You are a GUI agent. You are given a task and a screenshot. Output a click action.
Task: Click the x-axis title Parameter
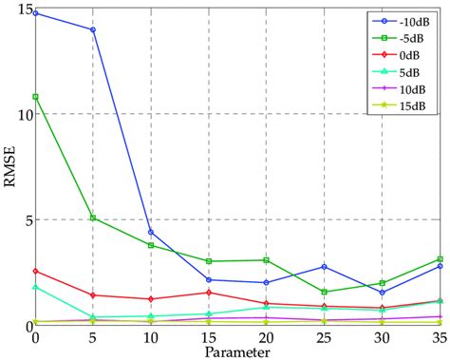tap(236, 352)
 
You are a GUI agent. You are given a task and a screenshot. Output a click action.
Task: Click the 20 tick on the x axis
tap(265, 338)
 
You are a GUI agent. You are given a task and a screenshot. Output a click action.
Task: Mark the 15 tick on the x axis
tap(207, 338)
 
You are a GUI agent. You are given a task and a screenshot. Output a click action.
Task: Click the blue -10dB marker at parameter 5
tap(93, 29)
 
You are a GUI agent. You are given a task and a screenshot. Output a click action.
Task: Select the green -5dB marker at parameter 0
tap(36, 97)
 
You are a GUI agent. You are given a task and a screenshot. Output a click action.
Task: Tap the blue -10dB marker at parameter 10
tap(151, 232)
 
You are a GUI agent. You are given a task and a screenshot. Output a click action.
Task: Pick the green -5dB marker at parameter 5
tap(93, 218)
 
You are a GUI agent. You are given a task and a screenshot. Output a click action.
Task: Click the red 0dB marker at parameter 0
tap(36, 272)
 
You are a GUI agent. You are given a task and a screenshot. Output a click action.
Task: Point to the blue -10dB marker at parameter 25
tap(324, 267)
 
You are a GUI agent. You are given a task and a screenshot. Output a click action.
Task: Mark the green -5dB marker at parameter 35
tap(440, 259)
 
